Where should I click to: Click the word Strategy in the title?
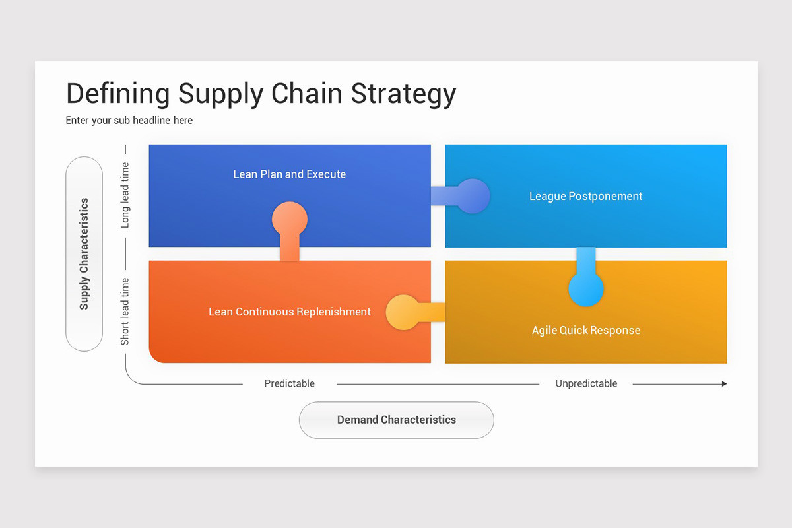click(x=403, y=94)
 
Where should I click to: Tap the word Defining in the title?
click(x=118, y=94)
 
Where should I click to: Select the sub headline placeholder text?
click(x=129, y=121)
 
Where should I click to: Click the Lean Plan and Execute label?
click(x=290, y=174)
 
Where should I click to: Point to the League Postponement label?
click(x=585, y=196)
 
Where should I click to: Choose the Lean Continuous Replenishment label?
click(x=290, y=312)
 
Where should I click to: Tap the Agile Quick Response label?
click(x=586, y=330)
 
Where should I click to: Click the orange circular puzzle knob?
click(x=290, y=219)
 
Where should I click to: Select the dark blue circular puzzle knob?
click(x=473, y=196)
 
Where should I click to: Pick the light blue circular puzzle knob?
click(x=586, y=288)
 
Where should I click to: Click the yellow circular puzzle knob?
click(x=403, y=312)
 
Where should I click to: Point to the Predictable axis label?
click(x=290, y=383)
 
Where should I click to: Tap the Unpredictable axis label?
click(x=586, y=383)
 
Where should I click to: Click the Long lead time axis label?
click(x=125, y=195)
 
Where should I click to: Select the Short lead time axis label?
click(x=125, y=312)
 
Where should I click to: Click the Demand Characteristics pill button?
click(x=397, y=420)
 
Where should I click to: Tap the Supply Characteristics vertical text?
click(x=84, y=254)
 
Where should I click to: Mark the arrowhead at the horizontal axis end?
click(x=725, y=384)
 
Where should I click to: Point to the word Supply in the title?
click(x=220, y=94)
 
